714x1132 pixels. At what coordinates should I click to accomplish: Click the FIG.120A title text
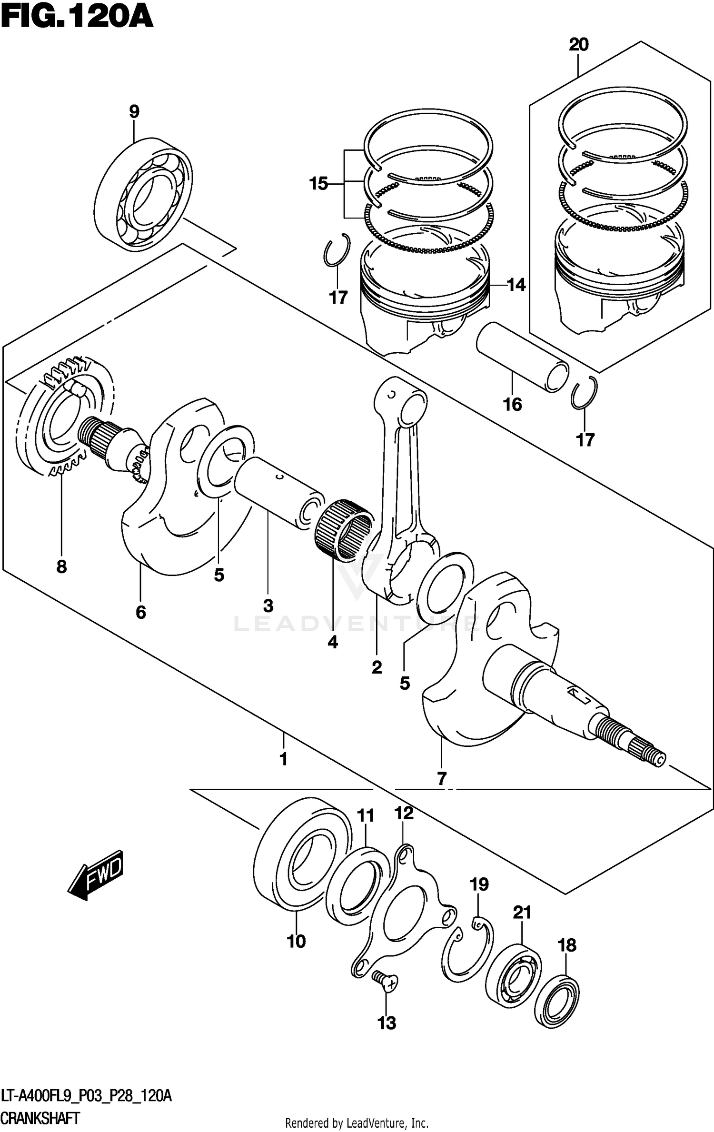pos(76,18)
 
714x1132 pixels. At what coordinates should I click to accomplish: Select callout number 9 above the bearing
pos(134,112)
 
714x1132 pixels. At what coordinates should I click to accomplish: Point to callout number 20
pos(578,45)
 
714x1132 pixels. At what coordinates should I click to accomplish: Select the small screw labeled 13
pos(385,981)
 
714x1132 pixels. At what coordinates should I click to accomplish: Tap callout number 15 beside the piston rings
pos(318,183)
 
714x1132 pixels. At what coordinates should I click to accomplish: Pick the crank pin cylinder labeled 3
pos(278,492)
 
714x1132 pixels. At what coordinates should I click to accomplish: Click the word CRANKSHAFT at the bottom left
pos(40,1117)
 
